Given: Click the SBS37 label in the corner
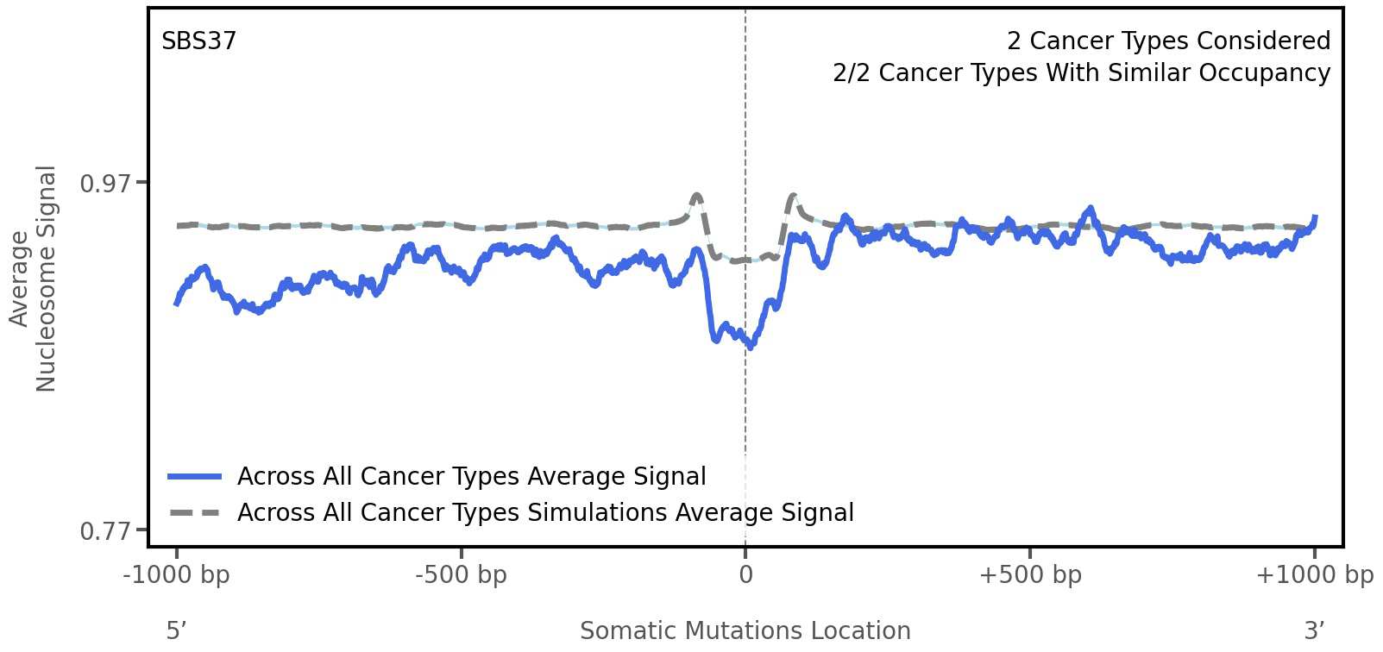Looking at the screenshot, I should click(198, 41).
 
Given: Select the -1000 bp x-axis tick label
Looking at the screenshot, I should click(177, 575).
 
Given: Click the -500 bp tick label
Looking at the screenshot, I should click(461, 575).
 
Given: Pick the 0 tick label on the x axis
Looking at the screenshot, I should click(745, 575).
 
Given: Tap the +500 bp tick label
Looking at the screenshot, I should click(1030, 575).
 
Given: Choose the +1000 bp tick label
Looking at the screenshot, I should click(1314, 575).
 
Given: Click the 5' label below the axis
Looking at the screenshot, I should click(176, 630).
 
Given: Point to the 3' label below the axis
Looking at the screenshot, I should click(1314, 630).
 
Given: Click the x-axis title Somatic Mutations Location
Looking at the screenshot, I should click(745, 630).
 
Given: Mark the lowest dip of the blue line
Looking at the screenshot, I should click(751, 346).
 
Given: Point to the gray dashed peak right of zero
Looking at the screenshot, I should click(793, 197).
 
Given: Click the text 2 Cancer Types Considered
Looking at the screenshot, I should click(1168, 41).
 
